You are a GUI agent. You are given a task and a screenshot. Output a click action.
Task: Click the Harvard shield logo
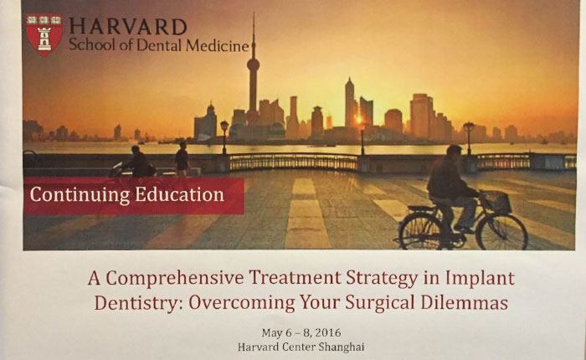coord(44,35)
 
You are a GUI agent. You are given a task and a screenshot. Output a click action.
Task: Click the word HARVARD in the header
coord(128,27)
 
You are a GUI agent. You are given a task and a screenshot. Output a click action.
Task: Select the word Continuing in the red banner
coord(80,195)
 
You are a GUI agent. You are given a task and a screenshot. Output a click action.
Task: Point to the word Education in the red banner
coord(179,194)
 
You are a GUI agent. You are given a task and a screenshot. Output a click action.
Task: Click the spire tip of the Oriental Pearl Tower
coord(254,13)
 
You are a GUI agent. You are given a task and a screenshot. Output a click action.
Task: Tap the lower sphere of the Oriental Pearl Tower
coord(253,65)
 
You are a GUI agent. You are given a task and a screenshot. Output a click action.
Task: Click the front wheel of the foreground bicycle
coord(501,232)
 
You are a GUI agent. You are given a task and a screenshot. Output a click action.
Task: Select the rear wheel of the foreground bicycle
coord(421,232)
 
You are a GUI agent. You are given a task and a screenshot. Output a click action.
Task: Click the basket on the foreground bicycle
coord(498,203)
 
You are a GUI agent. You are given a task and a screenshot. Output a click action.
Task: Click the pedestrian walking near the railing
coord(182,158)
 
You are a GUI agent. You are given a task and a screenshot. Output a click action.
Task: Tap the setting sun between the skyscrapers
coord(359,120)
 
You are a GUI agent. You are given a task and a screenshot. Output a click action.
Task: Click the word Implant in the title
coord(480,279)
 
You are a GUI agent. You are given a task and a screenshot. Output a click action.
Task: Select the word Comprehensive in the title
coord(175,278)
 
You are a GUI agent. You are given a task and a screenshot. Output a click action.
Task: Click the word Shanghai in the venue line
coord(341,347)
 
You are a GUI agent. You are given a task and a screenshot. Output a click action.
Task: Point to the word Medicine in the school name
coord(217,45)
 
